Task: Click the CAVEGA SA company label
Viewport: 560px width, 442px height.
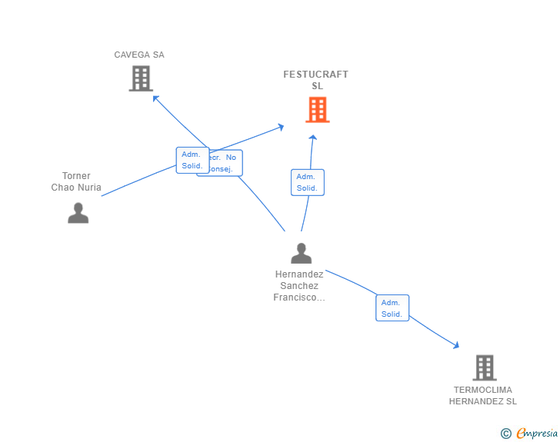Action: [139, 55]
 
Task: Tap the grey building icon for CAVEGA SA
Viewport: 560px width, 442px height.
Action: [141, 78]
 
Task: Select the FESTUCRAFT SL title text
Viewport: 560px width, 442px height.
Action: [315, 80]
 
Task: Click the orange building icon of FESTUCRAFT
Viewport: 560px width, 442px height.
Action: [318, 110]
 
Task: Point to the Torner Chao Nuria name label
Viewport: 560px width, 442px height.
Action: [76, 181]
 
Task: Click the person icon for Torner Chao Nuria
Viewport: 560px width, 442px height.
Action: [78, 213]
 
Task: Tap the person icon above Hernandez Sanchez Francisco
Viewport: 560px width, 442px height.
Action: [302, 253]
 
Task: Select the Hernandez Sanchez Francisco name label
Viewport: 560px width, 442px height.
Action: [299, 285]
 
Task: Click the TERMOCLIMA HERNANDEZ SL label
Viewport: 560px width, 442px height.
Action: [483, 395]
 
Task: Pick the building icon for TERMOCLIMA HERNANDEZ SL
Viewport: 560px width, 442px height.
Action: [484, 367]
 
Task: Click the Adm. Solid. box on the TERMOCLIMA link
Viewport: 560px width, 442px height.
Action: [392, 307]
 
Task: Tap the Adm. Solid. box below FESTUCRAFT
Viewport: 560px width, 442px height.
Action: [307, 182]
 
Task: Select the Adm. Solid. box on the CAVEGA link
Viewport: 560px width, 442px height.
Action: [192, 160]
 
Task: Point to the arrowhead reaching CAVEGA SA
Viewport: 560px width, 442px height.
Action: [155, 98]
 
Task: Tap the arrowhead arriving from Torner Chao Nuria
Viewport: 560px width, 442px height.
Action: [281, 126]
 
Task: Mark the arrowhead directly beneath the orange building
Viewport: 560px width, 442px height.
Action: [313, 138]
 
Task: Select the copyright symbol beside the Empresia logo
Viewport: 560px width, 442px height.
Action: [506, 434]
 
